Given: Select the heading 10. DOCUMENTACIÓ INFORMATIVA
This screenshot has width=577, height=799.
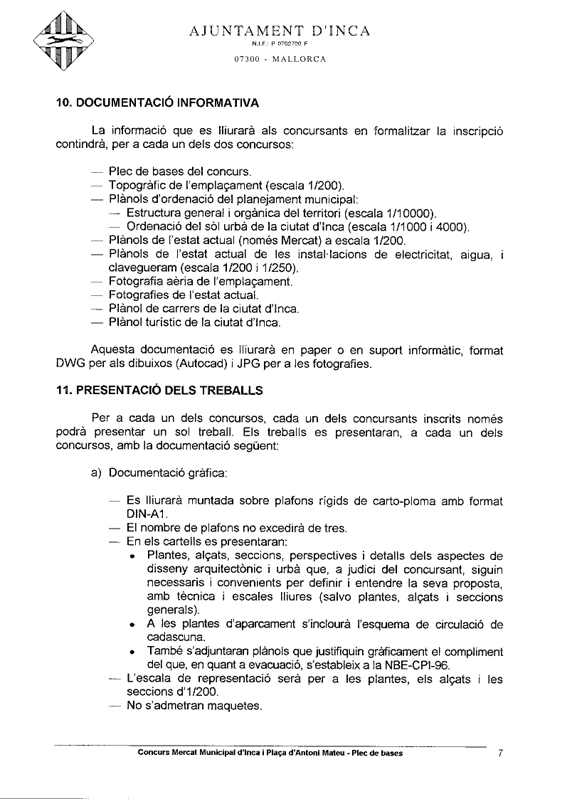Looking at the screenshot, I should point(157,102).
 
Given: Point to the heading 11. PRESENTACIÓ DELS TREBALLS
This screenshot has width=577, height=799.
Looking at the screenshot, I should point(159,390).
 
